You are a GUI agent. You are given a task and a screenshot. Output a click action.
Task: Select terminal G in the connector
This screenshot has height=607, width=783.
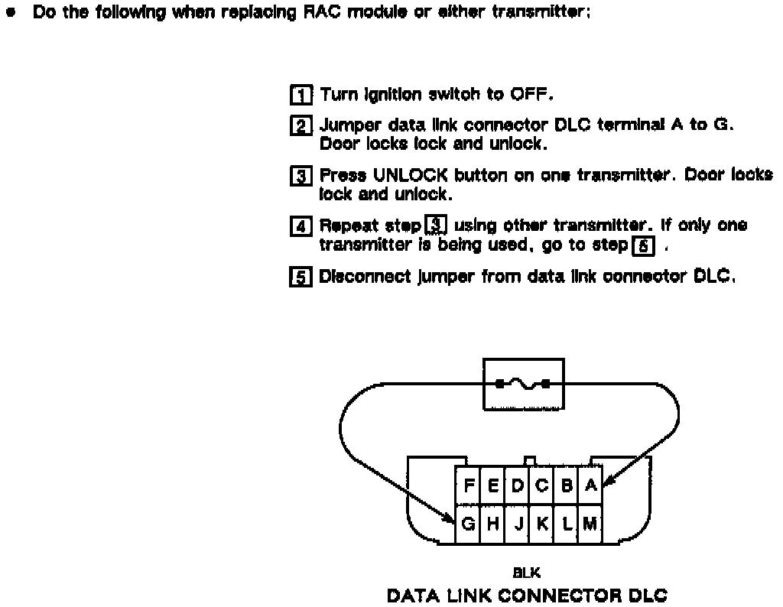(x=468, y=524)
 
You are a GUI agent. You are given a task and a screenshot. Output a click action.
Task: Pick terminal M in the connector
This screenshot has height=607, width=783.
(x=590, y=524)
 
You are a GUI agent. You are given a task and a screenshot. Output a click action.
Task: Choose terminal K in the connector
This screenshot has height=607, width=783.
(x=542, y=524)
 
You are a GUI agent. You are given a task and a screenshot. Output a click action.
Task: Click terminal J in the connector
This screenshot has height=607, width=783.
(x=518, y=524)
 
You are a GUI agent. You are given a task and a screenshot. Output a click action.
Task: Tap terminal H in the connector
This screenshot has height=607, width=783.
(x=493, y=524)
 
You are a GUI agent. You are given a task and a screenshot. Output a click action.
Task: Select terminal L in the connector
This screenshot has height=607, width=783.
(x=567, y=524)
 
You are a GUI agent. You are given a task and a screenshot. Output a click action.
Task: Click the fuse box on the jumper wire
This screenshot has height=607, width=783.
(x=521, y=383)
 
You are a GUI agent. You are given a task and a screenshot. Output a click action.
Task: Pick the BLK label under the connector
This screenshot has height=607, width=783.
(x=528, y=572)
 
